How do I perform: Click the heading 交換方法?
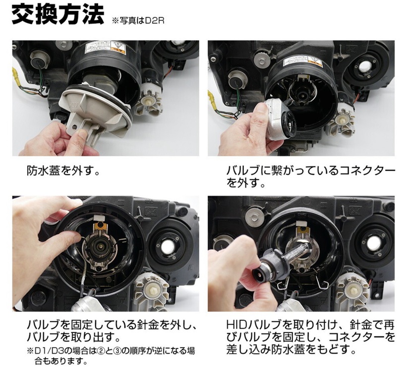point(58,15)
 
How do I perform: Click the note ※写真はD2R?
point(138,21)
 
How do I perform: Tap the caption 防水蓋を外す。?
point(63,171)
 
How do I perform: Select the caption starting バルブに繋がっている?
point(311,178)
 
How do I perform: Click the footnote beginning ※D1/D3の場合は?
point(111,356)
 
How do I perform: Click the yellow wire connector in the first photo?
point(16,76)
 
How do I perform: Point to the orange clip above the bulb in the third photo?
point(101,226)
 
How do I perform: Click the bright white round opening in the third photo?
point(168,247)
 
